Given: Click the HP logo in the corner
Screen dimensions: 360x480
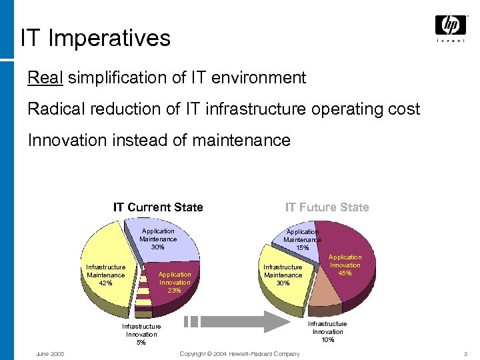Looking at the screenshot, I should (451, 26).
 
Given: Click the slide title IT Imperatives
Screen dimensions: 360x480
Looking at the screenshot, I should (95, 38).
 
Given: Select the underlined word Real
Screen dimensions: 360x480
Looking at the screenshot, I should (45, 78).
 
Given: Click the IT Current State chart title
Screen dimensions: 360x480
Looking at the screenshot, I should (158, 207).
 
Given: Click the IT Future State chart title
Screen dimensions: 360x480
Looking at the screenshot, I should (327, 207).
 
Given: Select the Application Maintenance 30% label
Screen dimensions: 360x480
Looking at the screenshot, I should (158, 239).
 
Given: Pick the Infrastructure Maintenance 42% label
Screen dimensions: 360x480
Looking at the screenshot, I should (105, 275).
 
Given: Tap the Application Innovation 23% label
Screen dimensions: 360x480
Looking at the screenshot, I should (175, 282).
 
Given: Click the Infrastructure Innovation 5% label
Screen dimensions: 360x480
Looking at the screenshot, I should (141, 334).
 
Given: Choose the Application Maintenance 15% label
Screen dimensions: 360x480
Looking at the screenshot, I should (302, 239).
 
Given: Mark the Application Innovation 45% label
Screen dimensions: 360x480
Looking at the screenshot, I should (345, 265).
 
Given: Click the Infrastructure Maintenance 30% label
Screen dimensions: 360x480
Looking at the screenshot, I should (283, 275).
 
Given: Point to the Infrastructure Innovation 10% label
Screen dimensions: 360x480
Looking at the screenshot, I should (327, 331).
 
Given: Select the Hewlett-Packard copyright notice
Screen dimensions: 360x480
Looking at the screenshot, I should (239, 353).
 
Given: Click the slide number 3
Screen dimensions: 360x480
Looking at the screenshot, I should (465, 353).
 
